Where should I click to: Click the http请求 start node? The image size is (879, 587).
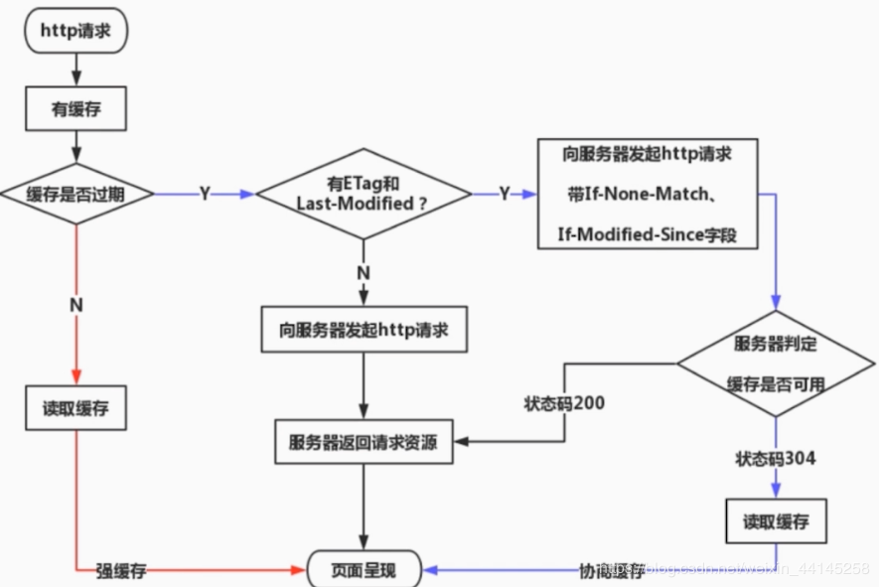click(x=75, y=31)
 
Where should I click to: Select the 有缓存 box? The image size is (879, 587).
click(x=75, y=110)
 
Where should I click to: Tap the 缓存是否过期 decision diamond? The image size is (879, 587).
click(x=76, y=194)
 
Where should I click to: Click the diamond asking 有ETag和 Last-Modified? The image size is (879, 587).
click(x=363, y=194)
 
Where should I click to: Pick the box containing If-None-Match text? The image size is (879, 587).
click(x=650, y=194)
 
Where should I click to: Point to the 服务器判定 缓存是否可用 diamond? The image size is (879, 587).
click(x=777, y=364)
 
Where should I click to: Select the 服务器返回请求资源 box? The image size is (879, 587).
click(x=363, y=442)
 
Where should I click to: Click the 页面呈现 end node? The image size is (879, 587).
click(x=363, y=570)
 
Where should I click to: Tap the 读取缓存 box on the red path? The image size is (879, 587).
click(x=75, y=409)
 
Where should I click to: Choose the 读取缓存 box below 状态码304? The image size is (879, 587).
click(x=776, y=521)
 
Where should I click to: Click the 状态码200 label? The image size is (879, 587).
click(x=564, y=404)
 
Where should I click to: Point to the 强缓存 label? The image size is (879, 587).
click(x=121, y=570)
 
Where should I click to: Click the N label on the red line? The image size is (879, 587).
click(x=75, y=306)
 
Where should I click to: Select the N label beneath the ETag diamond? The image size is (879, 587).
click(x=364, y=272)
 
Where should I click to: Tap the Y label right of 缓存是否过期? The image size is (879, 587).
click(x=205, y=194)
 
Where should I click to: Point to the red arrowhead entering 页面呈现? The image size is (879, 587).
click(x=297, y=570)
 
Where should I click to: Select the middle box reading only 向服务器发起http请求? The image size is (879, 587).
click(x=363, y=329)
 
